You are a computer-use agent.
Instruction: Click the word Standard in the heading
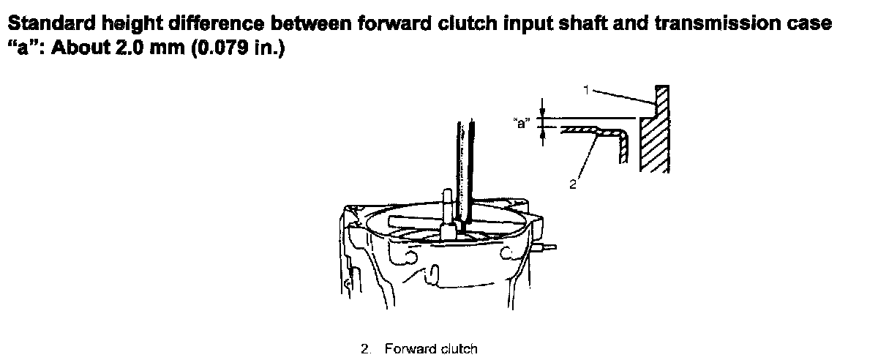52,23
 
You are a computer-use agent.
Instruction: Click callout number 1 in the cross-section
586,90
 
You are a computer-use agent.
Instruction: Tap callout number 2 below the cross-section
573,184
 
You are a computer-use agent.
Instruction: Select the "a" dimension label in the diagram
522,123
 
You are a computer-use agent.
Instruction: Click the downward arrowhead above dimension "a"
542,113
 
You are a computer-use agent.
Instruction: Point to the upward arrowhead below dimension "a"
542,132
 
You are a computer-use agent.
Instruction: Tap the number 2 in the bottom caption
364,348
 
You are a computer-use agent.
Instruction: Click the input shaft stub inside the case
448,214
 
